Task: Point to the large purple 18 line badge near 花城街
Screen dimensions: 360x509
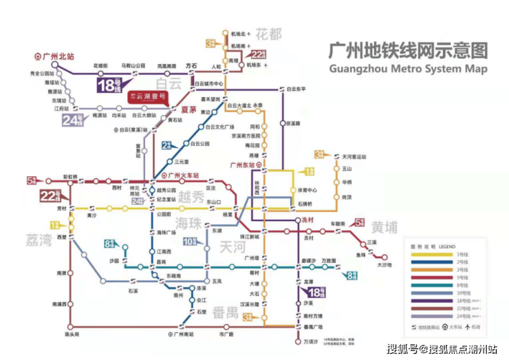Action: click(109, 86)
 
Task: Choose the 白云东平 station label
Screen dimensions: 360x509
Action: click(303, 89)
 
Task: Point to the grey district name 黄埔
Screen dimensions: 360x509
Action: click(385, 227)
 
